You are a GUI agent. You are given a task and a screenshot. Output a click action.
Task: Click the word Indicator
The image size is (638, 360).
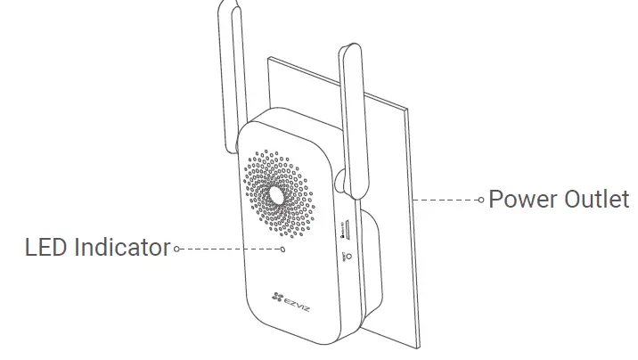point(121,247)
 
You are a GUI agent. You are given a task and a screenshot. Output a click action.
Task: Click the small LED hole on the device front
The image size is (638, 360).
point(283,250)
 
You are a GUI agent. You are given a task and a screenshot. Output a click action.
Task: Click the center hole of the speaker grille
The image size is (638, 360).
point(275,192)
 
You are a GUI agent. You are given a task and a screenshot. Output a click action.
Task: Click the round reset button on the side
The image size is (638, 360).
point(348,256)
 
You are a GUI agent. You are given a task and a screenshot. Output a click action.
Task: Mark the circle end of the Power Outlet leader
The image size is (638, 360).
point(482,200)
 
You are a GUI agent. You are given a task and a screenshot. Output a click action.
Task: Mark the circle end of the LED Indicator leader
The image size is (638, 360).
point(177,249)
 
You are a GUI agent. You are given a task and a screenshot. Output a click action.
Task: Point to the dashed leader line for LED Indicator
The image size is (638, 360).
point(227,249)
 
